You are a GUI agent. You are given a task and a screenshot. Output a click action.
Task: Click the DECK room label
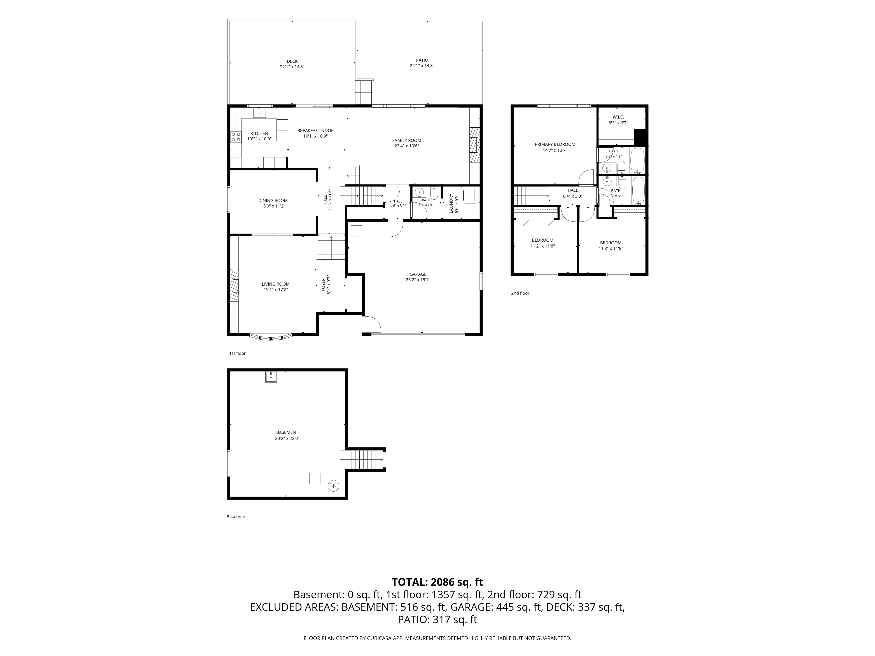(292, 61)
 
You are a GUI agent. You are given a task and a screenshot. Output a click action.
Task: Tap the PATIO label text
(422, 60)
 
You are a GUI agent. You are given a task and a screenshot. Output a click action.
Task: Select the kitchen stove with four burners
(236, 137)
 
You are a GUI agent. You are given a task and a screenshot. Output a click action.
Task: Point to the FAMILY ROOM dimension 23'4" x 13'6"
(407, 146)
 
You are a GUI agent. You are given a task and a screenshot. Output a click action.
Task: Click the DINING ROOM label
(273, 201)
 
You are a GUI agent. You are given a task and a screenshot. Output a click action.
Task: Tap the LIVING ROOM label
(276, 284)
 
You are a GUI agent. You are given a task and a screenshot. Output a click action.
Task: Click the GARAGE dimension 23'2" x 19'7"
(418, 279)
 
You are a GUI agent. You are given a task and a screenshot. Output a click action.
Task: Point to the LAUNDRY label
(451, 204)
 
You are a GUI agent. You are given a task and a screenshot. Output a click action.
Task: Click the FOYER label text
(323, 285)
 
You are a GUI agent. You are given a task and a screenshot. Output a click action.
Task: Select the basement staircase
(362, 459)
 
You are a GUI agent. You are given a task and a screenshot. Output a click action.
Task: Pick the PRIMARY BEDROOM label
(555, 144)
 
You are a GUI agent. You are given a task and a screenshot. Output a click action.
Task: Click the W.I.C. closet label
(618, 117)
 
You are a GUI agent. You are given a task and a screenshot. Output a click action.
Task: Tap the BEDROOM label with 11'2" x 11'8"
(542, 240)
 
